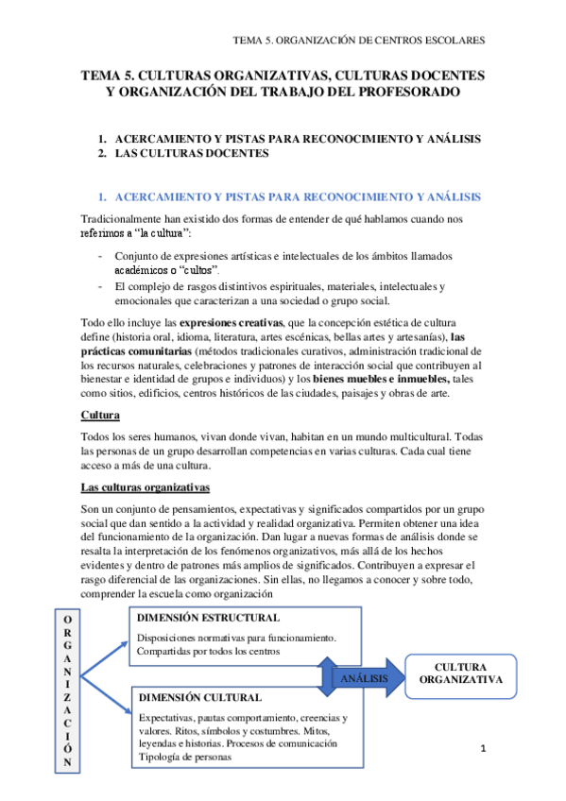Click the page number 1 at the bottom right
(483, 750)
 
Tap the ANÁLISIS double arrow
(362, 676)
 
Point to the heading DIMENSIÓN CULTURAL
(199, 697)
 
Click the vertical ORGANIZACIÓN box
(66, 690)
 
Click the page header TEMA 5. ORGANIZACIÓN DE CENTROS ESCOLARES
(360, 42)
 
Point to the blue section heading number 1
(103, 196)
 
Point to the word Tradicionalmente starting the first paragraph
(128, 220)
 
